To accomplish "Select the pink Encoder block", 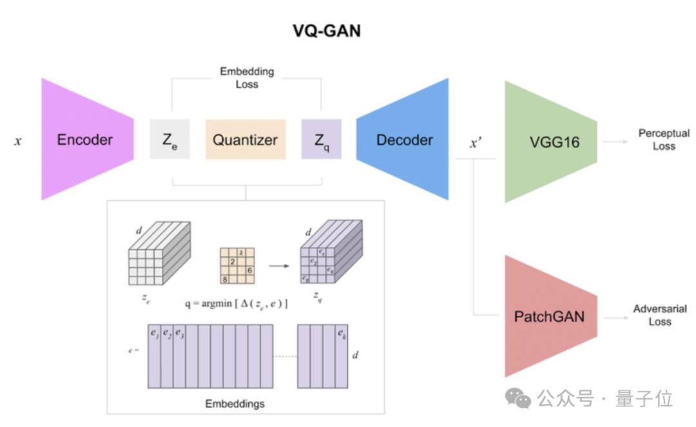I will click(x=86, y=139).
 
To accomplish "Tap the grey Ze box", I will click(x=169, y=139).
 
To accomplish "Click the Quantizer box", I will click(x=246, y=139).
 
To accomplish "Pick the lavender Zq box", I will click(x=321, y=139).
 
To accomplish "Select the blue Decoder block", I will click(x=403, y=139).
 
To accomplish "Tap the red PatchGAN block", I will click(x=549, y=316).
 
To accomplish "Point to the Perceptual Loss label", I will click(x=664, y=139).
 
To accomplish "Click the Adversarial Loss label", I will click(x=661, y=316).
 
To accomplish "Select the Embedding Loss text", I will click(x=246, y=77).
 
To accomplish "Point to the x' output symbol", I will click(x=476, y=143).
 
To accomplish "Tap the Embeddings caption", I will click(x=235, y=404).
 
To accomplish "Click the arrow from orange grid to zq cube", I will click(x=278, y=265).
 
